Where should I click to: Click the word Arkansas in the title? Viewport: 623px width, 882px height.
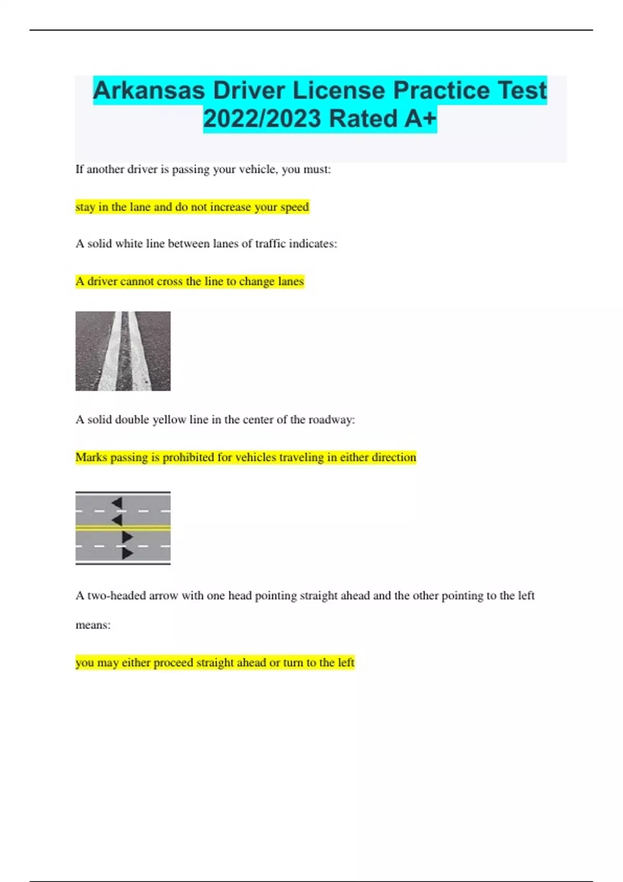coord(148,91)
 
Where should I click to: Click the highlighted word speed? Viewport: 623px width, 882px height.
coord(294,207)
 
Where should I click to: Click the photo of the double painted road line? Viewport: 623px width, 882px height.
coord(123,351)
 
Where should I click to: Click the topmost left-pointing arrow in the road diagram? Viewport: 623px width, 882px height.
coord(117,502)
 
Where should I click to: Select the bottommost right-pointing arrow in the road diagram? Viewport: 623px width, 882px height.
coord(127,554)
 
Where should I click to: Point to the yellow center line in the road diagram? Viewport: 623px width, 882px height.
coord(123,528)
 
